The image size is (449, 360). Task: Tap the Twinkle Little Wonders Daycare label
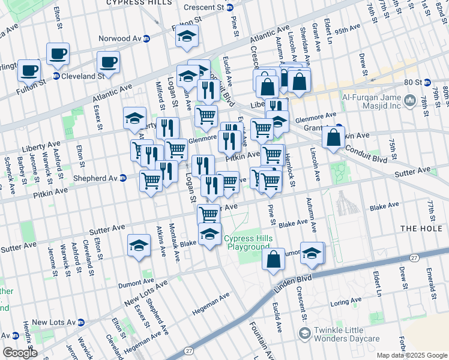pos(349,335)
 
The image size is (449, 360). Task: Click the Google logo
pos(20,352)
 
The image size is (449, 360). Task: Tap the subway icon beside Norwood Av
pos(146,38)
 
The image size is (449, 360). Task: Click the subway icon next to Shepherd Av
pos(122,178)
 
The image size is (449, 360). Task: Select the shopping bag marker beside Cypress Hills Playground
pos(274,260)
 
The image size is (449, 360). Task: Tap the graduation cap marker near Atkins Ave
pos(139,245)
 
